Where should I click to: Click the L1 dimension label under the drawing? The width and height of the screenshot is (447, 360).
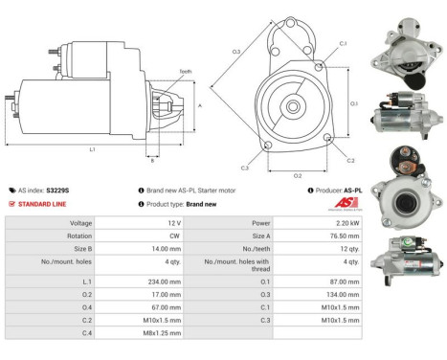tap(92, 149)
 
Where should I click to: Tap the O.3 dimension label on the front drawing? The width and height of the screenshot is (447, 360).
tap(235, 51)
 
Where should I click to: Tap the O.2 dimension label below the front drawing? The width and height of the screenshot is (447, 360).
tap(297, 176)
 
